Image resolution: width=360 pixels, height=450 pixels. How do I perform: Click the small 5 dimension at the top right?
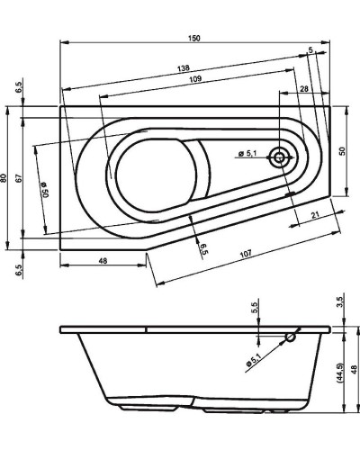[x=310, y=51]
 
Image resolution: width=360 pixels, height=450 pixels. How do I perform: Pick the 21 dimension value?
[x=312, y=213]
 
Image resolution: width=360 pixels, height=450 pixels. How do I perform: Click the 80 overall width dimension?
[x=7, y=178]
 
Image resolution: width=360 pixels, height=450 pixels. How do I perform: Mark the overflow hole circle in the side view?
[x=290, y=339]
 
